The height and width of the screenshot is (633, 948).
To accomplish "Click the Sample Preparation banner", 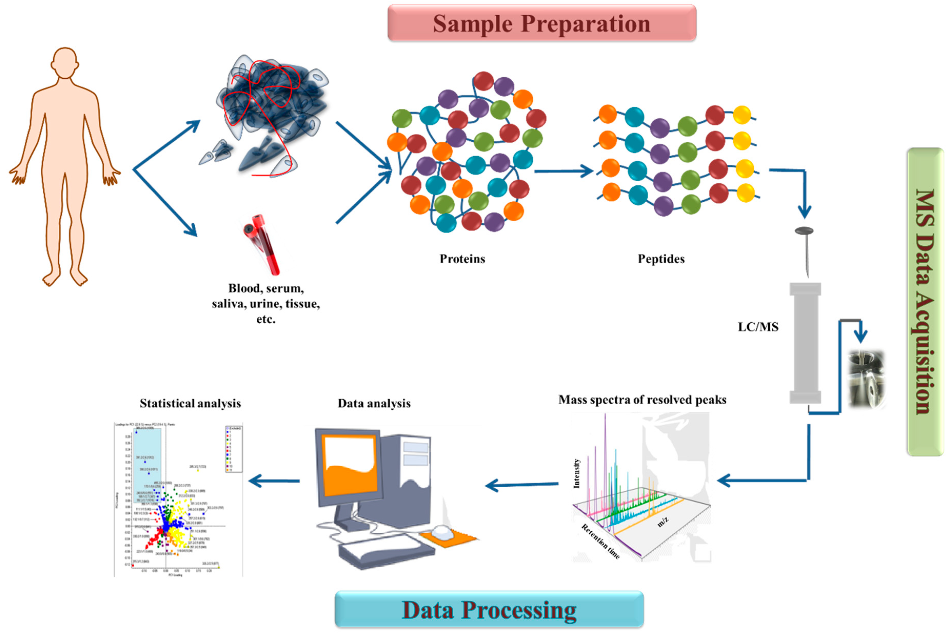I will [542, 23].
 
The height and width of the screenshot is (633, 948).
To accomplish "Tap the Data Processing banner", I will [489, 610].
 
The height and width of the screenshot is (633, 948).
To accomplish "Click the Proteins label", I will [462, 259].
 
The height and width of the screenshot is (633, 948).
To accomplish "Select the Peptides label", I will [661, 259].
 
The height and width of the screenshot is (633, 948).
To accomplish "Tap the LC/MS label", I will [758, 327].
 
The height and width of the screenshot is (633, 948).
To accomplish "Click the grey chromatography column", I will [805, 343].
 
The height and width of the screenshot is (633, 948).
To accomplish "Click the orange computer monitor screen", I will [350, 464].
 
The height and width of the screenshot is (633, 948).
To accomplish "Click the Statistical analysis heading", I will [190, 403].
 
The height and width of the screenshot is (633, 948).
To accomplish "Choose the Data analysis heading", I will [374, 403].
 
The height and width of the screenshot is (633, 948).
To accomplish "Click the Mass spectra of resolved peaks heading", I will [642, 400].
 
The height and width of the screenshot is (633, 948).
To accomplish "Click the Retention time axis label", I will [601, 541].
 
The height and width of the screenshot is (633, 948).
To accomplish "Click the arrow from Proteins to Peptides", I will [564, 171].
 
